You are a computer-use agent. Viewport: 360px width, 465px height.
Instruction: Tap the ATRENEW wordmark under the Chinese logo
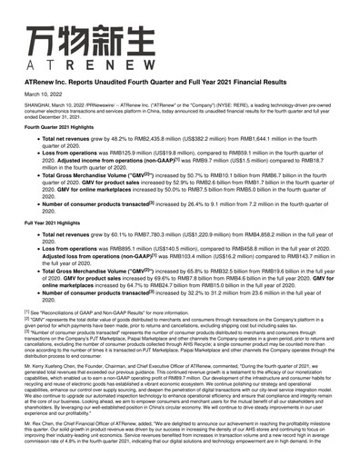75,66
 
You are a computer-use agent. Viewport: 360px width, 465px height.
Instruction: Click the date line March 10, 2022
43,94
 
